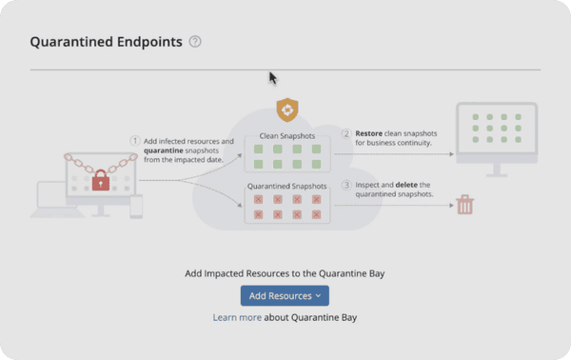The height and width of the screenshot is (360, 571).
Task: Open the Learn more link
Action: pyautogui.click(x=237, y=317)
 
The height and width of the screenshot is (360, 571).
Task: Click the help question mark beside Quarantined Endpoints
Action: pyautogui.click(x=195, y=42)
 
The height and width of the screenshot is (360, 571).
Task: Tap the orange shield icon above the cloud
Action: pyautogui.click(x=286, y=108)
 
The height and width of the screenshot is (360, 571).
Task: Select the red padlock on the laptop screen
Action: pyautogui.click(x=99, y=179)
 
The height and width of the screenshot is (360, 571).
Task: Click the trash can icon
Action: pyautogui.click(x=465, y=204)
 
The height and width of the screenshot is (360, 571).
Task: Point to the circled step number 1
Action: pyautogui.click(x=135, y=141)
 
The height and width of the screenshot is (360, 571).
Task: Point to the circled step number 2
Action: pyautogui.click(x=346, y=133)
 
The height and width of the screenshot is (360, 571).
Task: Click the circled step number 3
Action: pyautogui.click(x=346, y=185)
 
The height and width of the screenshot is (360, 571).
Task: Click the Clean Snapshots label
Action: pyautogui.click(x=287, y=136)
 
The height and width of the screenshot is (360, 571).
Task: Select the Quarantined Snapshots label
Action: pyautogui.click(x=287, y=186)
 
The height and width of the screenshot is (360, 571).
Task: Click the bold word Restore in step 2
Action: pyautogui.click(x=372, y=133)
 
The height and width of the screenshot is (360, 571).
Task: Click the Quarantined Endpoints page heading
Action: pyautogui.click(x=106, y=42)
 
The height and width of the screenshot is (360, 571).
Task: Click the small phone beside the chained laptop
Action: pyautogui.click(x=136, y=206)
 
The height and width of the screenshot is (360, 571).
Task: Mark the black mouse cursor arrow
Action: pyautogui.click(x=272, y=77)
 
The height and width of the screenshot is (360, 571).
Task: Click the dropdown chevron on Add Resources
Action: pyautogui.click(x=317, y=296)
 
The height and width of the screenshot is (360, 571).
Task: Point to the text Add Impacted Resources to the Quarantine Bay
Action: pyautogui.click(x=285, y=274)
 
